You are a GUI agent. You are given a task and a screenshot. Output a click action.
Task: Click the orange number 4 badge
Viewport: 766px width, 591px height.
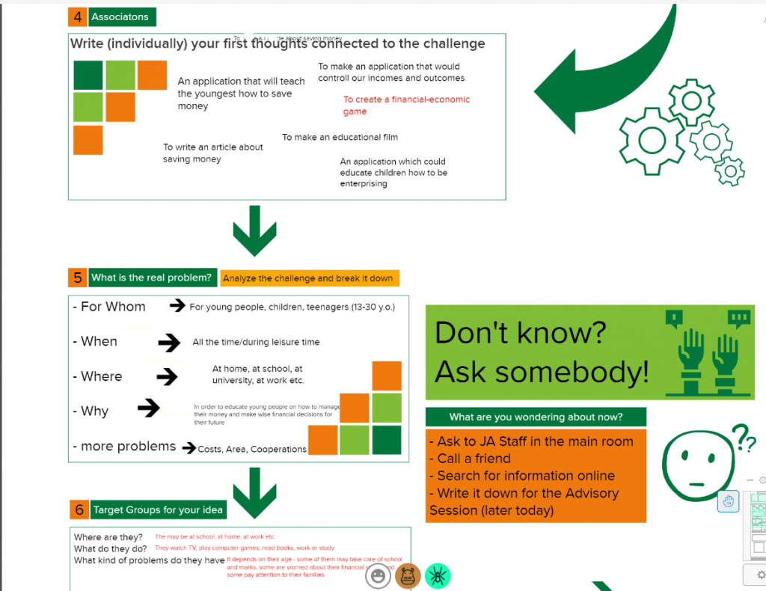(x=77, y=16)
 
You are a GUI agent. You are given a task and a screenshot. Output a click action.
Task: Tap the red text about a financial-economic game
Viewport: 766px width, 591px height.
(x=406, y=105)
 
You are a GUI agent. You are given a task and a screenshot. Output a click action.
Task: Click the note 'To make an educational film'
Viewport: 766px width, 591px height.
(x=340, y=138)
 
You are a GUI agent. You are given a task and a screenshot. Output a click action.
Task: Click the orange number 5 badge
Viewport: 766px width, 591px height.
(x=78, y=278)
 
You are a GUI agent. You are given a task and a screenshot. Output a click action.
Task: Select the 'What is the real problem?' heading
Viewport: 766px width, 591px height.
(x=152, y=278)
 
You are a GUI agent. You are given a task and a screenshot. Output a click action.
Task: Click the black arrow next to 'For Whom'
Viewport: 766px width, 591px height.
(x=177, y=305)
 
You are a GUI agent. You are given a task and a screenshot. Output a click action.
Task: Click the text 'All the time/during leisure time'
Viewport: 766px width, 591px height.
(x=256, y=342)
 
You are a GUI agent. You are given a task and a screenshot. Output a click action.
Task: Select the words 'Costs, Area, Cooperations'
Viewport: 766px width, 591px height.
(x=253, y=450)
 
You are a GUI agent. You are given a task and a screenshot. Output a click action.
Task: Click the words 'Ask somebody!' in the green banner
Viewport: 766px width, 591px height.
(x=542, y=372)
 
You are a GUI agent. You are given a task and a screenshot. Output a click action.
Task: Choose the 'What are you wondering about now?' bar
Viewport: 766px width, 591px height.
(x=536, y=417)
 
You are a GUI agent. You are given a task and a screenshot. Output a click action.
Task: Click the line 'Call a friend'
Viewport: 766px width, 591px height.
(x=474, y=459)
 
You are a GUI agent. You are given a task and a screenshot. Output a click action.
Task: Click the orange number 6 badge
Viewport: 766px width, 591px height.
(x=79, y=510)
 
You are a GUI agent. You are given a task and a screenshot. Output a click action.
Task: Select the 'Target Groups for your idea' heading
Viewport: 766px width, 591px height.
(x=158, y=510)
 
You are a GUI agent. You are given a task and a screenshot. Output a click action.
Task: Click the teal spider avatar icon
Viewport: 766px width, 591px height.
(x=438, y=575)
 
